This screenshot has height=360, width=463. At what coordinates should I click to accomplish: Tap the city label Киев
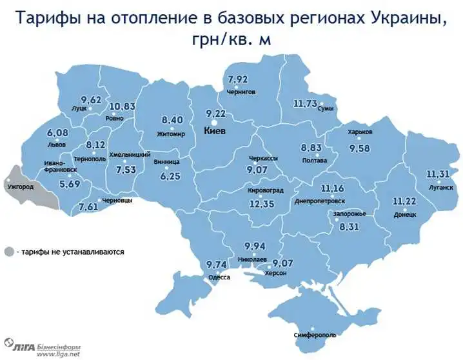coord(215,130)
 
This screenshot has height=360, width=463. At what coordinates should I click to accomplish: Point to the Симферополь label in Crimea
coord(314,335)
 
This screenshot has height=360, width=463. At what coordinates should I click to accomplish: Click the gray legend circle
coord(8,252)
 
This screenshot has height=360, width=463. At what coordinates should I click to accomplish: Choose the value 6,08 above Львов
coord(57,133)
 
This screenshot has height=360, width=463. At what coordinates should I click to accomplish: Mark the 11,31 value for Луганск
coord(440,174)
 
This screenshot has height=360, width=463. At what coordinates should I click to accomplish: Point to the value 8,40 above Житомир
coord(172,120)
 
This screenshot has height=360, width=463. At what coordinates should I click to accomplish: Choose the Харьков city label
coord(360,132)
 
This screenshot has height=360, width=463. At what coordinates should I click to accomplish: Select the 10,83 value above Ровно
coord(121,106)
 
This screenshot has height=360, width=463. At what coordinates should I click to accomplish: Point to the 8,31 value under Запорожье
coord(348,226)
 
